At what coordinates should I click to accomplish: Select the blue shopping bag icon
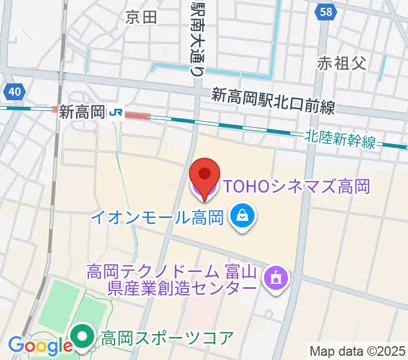(243, 217)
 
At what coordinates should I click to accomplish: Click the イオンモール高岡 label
(158, 216)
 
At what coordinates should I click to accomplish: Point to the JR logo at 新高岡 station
(117, 112)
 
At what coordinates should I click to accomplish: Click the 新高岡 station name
(82, 112)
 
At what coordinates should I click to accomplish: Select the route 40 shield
(14, 92)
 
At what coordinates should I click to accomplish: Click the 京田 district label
(141, 17)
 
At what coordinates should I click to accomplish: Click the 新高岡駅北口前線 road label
(273, 101)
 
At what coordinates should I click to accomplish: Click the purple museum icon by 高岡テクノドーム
(277, 277)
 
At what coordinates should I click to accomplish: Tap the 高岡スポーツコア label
(167, 338)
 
